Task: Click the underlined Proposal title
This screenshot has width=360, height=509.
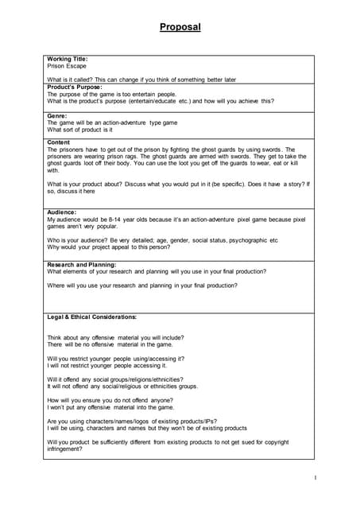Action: click(x=180, y=27)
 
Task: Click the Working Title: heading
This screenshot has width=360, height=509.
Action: click(x=68, y=59)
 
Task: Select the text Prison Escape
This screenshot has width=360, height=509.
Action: click(x=67, y=66)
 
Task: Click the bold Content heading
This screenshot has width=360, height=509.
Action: click(x=60, y=142)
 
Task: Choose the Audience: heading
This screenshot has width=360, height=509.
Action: click(x=62, y=212)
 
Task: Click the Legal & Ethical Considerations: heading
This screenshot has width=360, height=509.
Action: click(x=92, y=317)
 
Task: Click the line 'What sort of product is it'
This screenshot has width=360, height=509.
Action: click(x=79, y=130)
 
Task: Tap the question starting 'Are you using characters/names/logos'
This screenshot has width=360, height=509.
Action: click(x=132, y=421)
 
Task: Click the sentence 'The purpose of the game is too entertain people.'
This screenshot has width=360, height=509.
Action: click(x=112, y=94)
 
